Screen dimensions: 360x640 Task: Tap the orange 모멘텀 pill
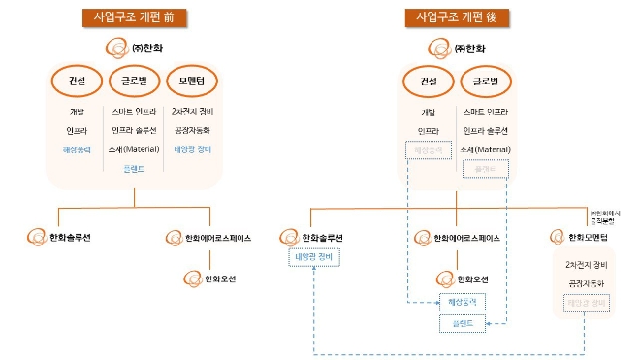pos(193,81)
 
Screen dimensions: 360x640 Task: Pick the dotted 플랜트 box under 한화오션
pos(463,323)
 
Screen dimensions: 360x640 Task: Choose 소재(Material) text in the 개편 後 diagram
pos(493,148)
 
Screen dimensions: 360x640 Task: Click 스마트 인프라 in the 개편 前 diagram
pos(135,113)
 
